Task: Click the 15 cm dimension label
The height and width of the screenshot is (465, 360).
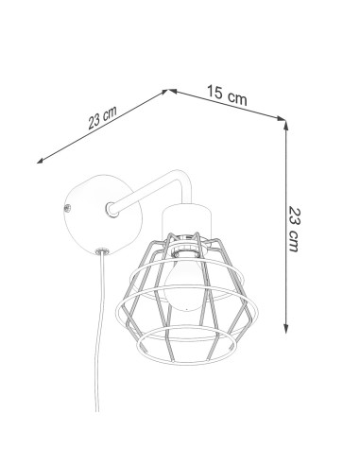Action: tap(227, 95)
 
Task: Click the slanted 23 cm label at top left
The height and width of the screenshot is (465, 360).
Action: tap(102, 117)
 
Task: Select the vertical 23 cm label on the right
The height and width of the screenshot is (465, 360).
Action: tap(295, 229)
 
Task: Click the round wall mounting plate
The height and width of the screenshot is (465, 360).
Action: tap(103, 215)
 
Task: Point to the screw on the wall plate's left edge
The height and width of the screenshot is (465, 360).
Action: tap(67, 208)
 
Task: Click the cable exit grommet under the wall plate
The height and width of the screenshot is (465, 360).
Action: tap(102, 251)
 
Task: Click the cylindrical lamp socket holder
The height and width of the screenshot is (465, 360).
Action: tap(186, 220)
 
